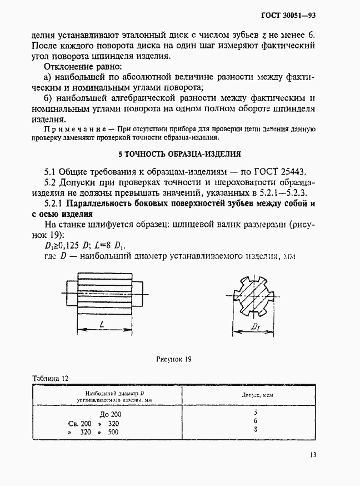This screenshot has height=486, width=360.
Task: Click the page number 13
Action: [x=313, y=454]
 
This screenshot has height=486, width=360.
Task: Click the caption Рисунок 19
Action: [x=174, y=359]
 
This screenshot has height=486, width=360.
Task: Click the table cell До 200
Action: [x=110, y=414]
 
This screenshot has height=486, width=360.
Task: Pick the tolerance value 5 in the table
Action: [x=256, y=413]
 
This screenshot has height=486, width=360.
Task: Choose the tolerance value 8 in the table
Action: [x=256, y=430]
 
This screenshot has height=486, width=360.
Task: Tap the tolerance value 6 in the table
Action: [x=256, y=421]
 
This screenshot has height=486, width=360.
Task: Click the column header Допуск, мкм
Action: [x=256, y=395]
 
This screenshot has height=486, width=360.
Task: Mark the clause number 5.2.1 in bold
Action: [x=55, y=204]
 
